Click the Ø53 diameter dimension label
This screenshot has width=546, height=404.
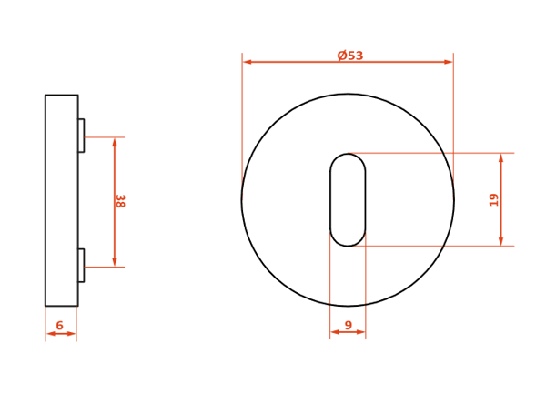pyautogui.click(x=350, y=56)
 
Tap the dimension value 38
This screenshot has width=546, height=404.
pyautogui.click(x=120, y=201)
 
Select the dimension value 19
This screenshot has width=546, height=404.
pyautogui.click(x=494, y=200)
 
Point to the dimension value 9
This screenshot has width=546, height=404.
pyautogui.click(x=349, y=325)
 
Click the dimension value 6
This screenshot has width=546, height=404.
pyautogui.click(x=59, y=326)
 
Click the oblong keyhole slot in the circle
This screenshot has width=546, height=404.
pyautogui.click(x=348, y=200)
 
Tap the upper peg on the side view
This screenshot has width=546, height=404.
pyautogui.click(x=81, y=136)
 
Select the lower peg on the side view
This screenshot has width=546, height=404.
pyautogui.click(x=81, y=266)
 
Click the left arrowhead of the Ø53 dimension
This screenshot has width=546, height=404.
pyautogui.click(x=248, y=62)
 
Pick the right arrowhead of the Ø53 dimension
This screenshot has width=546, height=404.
pyautogui.click(x=448, y=62)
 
